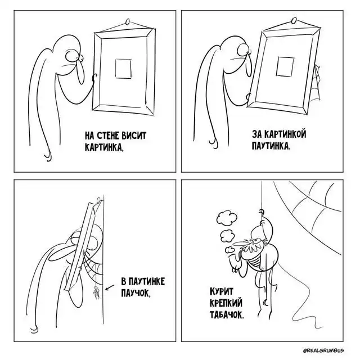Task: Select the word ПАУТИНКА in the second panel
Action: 271,146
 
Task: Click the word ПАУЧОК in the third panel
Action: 136,293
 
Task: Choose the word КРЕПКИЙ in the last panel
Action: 226,303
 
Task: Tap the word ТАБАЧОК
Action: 227,314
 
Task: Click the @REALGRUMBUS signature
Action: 323,350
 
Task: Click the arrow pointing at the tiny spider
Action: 110,287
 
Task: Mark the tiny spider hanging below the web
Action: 96,292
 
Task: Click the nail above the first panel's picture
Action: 128,22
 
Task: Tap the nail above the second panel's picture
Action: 294,20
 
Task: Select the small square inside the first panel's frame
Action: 123,69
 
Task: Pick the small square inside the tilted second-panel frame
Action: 285,66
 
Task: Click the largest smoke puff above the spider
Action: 227,218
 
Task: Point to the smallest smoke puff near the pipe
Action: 229,250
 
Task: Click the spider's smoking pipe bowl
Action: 233,261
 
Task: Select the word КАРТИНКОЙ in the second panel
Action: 285,134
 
